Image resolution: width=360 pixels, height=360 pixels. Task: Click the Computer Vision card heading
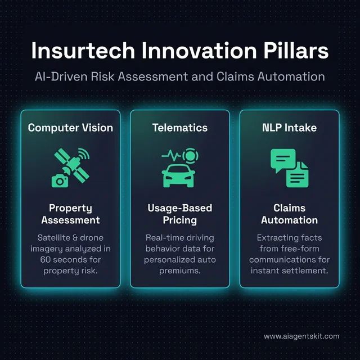pos(70,128)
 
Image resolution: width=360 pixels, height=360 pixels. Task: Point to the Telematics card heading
pos(179,128)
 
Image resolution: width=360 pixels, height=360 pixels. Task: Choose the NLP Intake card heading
pos(289,128)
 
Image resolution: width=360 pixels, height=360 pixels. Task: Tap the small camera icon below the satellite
pos(59,179)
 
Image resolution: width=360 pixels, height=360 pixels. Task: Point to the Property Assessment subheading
pos(70,214)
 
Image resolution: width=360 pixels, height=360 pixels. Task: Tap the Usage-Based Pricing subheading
pos(179,214)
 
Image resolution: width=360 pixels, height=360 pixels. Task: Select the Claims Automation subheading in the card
pos(289,214)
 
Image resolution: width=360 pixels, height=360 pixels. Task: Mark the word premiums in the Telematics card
pos(179,271)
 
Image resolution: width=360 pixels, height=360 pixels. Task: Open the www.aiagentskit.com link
pos(301,336)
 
